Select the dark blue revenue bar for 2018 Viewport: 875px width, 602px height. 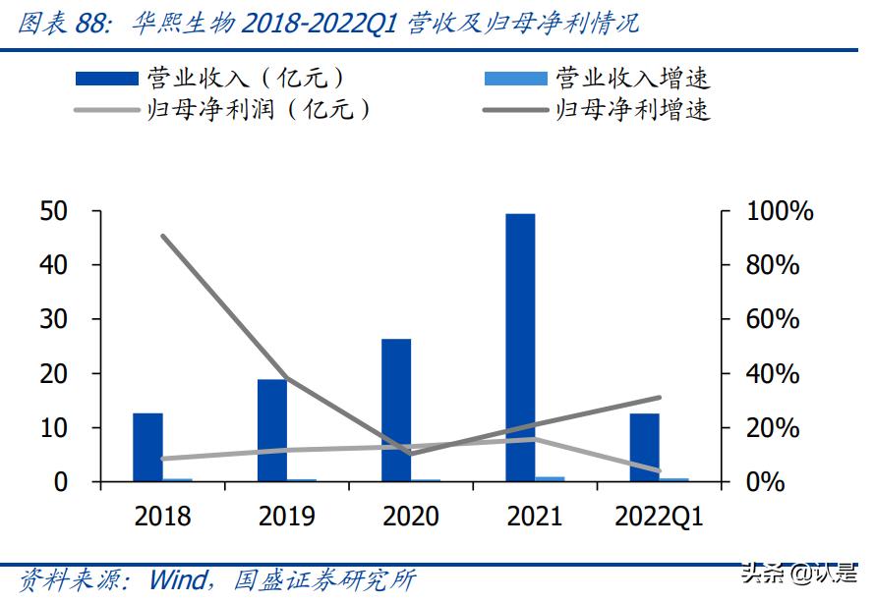point(147,447)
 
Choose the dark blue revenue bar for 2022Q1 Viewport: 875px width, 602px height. point(644,447)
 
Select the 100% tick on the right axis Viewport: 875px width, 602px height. point(780,211)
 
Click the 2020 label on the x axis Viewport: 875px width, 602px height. point(411,516)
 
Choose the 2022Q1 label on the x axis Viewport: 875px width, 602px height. point(659,516)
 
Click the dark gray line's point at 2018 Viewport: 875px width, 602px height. point(163,236)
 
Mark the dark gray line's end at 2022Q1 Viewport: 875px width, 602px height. point(659,398)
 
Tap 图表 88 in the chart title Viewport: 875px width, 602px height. point(61,24)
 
